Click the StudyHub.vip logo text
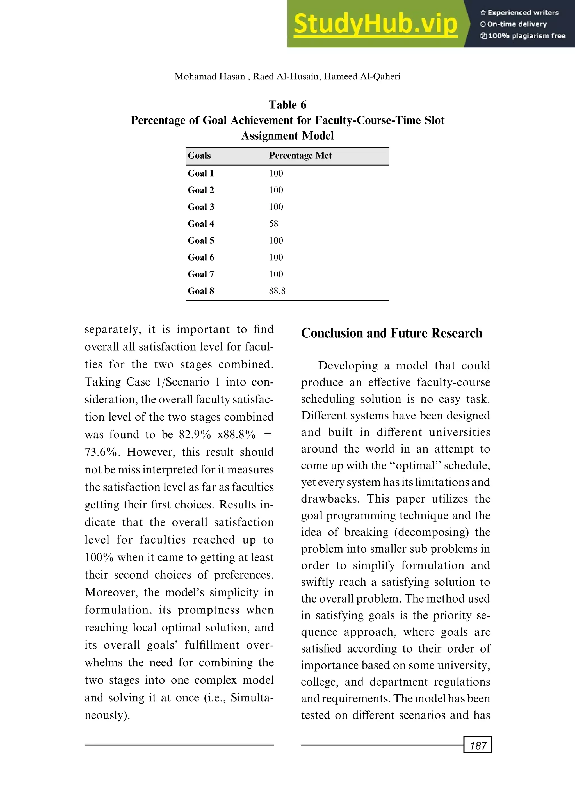pos(375,24)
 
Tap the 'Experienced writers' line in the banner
pos(519,12)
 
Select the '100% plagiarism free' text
pos(523,36)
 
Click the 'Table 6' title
pos(287,105)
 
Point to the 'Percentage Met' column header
pos(300,156)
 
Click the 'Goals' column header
pos(199,156)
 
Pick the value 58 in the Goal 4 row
pos(273,224)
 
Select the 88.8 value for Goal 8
pos(277,291)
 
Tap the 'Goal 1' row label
pos(201,174)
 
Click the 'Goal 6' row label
pos(201,257)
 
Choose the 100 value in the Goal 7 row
pos(276,274)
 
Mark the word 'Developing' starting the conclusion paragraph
pos(348,366)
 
